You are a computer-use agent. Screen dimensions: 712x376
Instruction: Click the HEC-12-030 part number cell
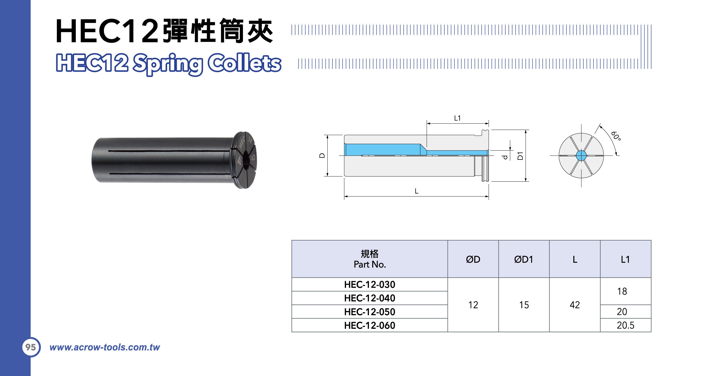click(369, 284)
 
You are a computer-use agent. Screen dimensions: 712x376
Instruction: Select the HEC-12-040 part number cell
click(369, 298)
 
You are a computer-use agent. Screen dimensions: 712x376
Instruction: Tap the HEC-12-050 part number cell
click(369, 312)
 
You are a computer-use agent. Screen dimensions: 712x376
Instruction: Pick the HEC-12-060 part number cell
click(369, 325)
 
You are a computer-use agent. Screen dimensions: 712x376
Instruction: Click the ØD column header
click(473, 259)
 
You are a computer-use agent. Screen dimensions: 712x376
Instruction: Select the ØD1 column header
click(524, 259)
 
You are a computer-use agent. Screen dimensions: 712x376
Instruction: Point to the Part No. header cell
click(369, 259)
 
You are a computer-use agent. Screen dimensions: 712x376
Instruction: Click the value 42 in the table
click(575, 305)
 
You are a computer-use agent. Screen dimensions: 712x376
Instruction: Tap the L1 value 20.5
click(626, 325)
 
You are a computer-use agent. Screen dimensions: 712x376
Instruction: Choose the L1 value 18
click(622, 291)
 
